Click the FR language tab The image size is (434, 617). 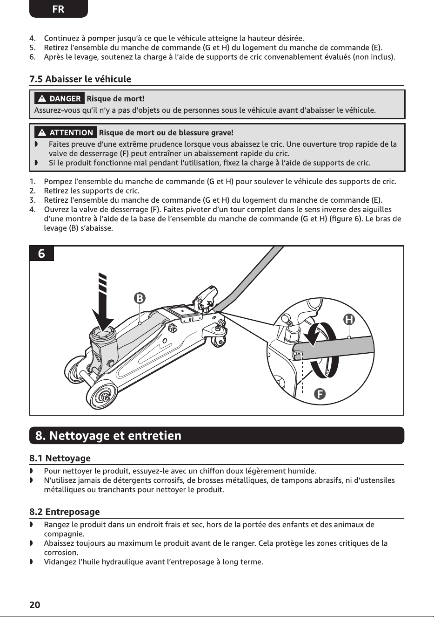pyautogui.click(x=58, y=9)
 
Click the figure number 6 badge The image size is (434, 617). pyautogui.click(x=41, y=253)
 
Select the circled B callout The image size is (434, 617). pyautogui.click(x=140, y=298)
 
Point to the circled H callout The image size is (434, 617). pyautogui.click(x=349, y=320)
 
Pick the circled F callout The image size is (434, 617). pyautogui.click(x=320, y=394)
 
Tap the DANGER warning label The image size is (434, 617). pyautogui.click(x=60, y=99)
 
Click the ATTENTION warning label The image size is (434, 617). pyautogui.click(x=66, y=132)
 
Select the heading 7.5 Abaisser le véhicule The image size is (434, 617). pyautogui.click(x=80, y=79)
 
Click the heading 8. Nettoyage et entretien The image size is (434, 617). pyautogui.click(x=108, y=435)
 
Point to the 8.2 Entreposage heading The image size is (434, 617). pyautogui.click(x=65, y=512)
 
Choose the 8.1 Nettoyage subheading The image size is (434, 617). pyautogui.click(x=60, y=458)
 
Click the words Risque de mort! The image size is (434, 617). pyautogui.click(x=115, y=99)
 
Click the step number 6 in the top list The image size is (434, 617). pyautogui.click(x=32, y=57)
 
